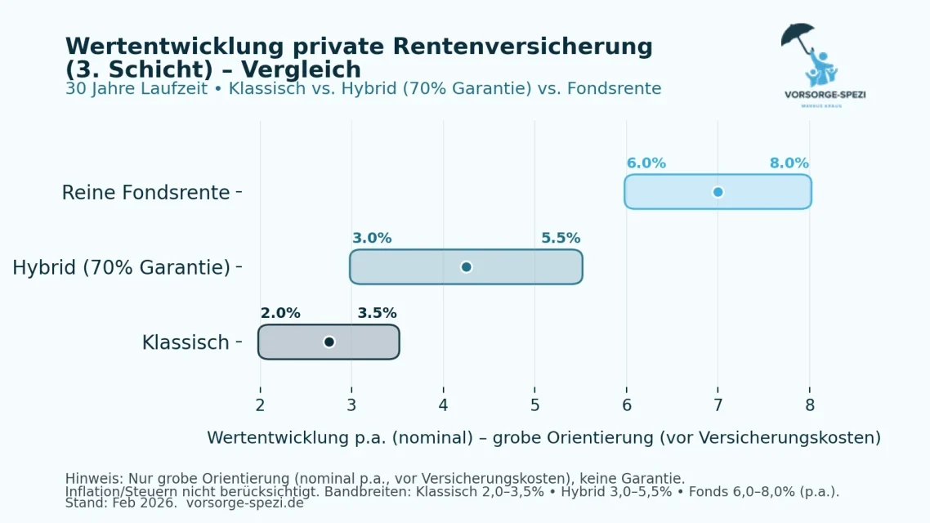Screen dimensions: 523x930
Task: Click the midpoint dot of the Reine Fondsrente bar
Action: click(718, 192)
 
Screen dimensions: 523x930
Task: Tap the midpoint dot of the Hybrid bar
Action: click(466, 267)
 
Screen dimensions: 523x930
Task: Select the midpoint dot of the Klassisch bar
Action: click(329, 342)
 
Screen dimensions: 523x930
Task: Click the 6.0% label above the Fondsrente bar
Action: click(646, 163)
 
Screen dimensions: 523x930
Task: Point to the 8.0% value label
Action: click(789, 163)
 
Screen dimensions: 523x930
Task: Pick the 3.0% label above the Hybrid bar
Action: click(372, 239)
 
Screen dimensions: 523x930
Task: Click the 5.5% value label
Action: click(561, 239)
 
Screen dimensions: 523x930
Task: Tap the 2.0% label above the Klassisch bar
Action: click(280, 313)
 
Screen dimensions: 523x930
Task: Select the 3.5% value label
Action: click(377, 313)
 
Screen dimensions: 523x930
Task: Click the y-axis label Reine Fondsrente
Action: click(145, 193)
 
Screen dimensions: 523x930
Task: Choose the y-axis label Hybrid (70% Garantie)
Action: click(121, 267)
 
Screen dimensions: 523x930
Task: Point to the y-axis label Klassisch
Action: click(186, 342)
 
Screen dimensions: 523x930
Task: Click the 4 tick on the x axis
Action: click(443, 405)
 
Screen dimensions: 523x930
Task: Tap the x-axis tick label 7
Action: click(718, 405)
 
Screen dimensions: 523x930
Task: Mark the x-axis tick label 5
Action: click(534, 405)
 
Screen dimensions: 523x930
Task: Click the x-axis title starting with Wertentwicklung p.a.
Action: click(543, 438)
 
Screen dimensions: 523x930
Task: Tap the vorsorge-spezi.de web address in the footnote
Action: click(244, 503)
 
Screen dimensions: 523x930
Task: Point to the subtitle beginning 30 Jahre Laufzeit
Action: click(363, 88)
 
